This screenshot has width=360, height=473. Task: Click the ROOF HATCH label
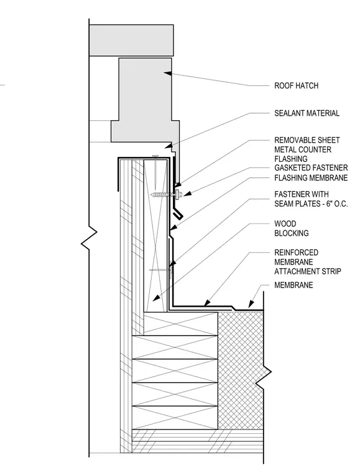[x=296, y=86]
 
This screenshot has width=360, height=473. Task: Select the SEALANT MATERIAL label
[x=307, y=113]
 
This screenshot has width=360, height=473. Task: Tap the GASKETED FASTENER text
[x=311, y=167]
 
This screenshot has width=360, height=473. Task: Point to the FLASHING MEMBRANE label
[x=311, y=178]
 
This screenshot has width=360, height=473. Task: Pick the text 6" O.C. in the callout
[x=337, y=204]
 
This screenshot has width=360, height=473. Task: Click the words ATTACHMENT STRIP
[x=308, y=271]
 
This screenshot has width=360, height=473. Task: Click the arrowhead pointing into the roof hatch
[x=167, y=73]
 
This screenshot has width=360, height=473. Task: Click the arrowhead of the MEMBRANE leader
[x=251, y=304]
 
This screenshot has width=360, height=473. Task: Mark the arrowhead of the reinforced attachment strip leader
[x=206, y=302]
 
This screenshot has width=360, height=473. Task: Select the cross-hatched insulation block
[x=241, y=370]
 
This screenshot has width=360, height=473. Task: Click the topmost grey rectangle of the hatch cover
[x=131, y=40]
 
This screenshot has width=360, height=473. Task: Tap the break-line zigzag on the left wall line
[x=89, y=237]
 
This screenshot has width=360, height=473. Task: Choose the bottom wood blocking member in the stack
[x=175, y=418]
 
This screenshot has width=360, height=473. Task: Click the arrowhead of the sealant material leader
[x=168, y=147]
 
